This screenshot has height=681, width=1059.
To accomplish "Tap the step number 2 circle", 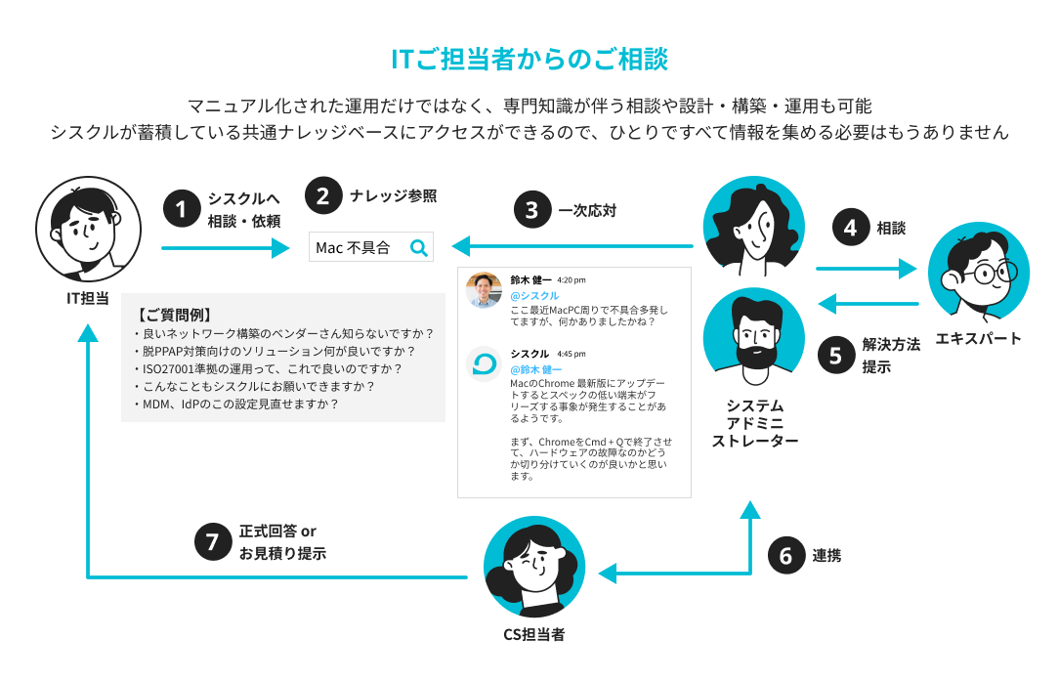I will pyautogui.click(x=323, y=195).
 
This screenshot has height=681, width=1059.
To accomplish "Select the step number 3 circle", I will pyautogui.click(x=531, y=210).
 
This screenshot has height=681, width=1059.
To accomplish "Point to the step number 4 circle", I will pyautogui.click(x=850, y=228).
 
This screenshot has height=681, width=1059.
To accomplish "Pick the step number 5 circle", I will pyautogui.click(x=835, y=355).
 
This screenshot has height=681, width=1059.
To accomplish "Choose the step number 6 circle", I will pyautogui.click(x=785, y=555).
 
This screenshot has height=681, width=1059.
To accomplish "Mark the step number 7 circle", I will pyautogui.click(x=212, y=542).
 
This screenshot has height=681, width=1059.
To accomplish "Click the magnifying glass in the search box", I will pyautogui.click(x=418, y=248).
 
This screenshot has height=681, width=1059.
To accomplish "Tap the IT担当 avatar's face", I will pyautogui.click(x=86, y=228).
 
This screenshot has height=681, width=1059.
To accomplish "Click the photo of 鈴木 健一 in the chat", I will pyautogui.click(x=484, y=289).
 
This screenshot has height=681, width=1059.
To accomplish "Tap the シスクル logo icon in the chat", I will pyautogui.click(x=484, y=364).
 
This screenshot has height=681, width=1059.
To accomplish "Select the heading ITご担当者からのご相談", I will pyautogui.click(x=529, y=60).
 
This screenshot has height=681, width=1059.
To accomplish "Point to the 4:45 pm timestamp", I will pyautogui.click(x=572, y=354).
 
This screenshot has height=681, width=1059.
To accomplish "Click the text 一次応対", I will pyautogui.click(x=587, y=210).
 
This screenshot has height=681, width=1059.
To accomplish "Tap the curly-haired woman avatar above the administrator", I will pyautogui.click(x=755, y=228).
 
